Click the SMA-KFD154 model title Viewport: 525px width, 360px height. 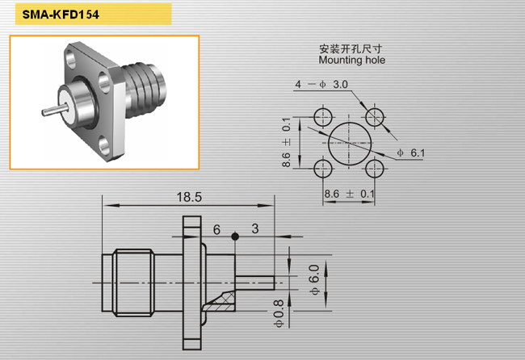click(x=61, y=15)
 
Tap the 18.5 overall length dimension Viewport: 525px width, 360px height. click(x=189, y=197)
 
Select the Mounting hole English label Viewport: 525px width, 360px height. click(x=352, y=61)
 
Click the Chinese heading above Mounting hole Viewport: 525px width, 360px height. click(x=351, y=49)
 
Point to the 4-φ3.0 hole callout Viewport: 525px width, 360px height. click(x=321, y=84)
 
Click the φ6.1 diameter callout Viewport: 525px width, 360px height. click(x=411, y=153)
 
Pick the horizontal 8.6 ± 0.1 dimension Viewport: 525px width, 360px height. click(x=349, y=194)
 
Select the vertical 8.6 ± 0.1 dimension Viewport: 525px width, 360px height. click(x=286, y=142)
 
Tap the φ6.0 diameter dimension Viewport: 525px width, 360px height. click(x=314, y=280)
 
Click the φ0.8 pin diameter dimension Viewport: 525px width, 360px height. click(x=279, y=313)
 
